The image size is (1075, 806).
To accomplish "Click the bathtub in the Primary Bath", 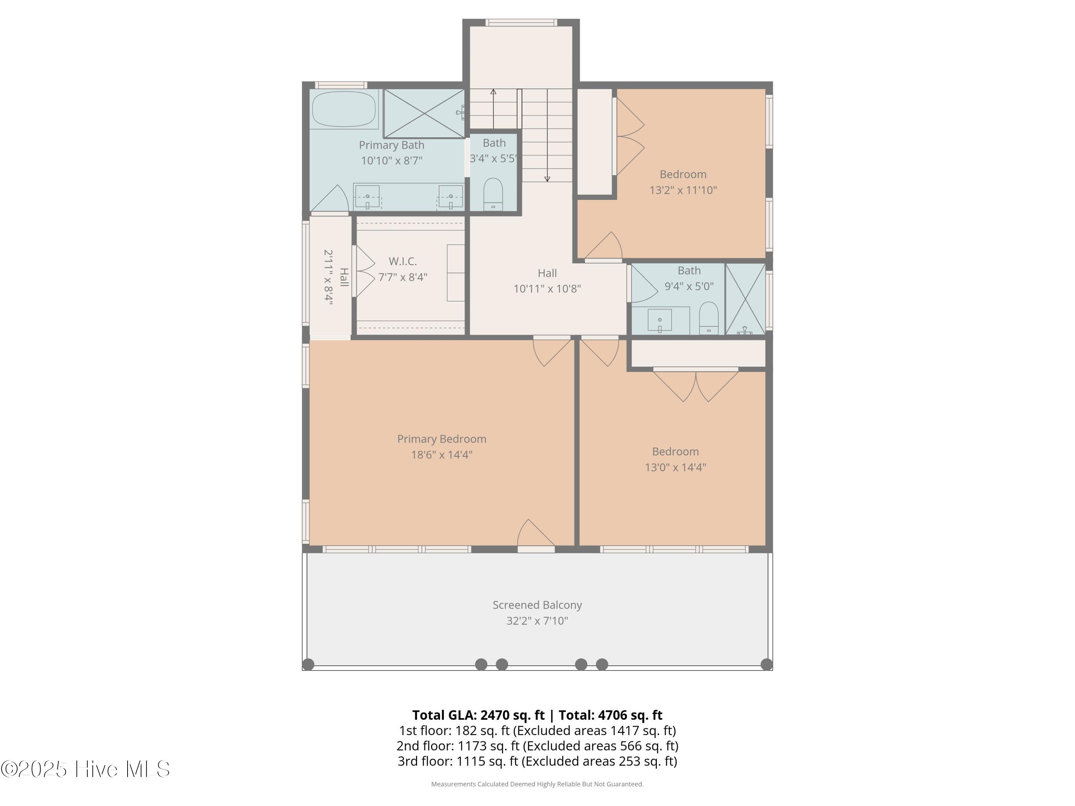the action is [x=344, y=109].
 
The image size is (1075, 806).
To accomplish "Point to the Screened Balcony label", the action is [x=537, y=605].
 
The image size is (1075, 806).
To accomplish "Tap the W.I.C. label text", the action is [x=403, y=262].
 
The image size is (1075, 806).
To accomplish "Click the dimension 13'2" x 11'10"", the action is [x=683, y=190].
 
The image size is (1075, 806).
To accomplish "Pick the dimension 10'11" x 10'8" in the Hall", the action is [x=547, y=289].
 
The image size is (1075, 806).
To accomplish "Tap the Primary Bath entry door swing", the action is [x=330, y=200].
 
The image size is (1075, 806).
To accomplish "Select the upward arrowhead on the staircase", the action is [x=493, y=91].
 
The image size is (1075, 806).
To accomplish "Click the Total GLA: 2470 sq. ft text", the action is [x=478, y=715].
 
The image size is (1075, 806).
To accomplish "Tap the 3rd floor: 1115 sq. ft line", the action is [x=537, y=761].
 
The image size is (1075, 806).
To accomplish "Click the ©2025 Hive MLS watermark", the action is [x=85, y=769].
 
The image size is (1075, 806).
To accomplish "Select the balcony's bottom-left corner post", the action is [x=308, y=664].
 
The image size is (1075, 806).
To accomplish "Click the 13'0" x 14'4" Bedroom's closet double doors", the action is [x=696, y=385].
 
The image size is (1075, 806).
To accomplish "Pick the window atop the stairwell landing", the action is [x=521, y=22].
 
